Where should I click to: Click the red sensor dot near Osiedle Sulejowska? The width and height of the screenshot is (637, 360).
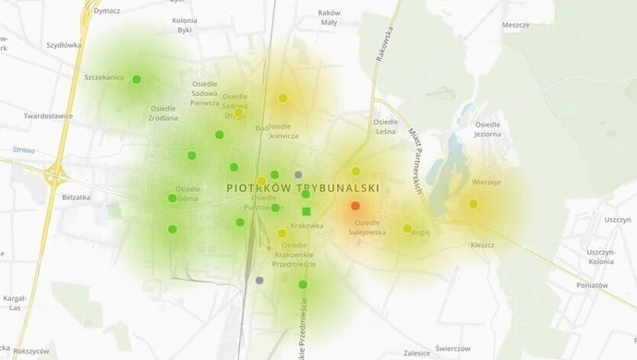pyautogui.click(x=355, y=206)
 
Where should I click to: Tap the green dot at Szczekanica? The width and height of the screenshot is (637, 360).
pyautogui.click(x=137, y=79)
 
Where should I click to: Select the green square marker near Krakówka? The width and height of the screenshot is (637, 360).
pyautogui.click(x=306, y=211)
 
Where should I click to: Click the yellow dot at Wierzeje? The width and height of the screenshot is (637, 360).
pyautogui.click(x=474, y=203)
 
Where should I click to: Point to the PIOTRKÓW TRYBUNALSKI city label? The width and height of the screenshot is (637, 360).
pyautogui.click(x=303, y=187)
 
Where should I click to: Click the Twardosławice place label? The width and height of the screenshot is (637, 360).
pyautogui.click(x=48, y=117)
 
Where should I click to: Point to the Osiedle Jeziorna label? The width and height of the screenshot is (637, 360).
pyautogui.click(x=487, y=129)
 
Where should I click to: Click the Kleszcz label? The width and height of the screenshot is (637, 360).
pyautogui.click(x=482, y=246)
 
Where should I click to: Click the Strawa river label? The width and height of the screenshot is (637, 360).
pyautogui.click(x=24, y=150)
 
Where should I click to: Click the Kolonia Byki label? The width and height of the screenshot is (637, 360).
pyautogui.click(x=186, y=25)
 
